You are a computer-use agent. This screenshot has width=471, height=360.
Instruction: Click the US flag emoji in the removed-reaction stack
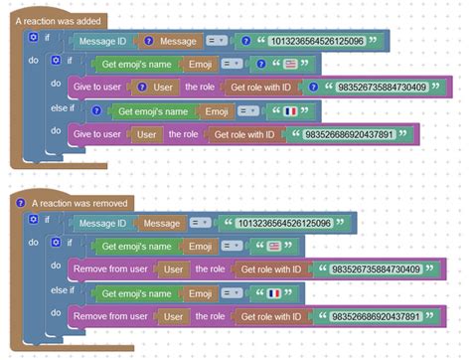tap(275, 246)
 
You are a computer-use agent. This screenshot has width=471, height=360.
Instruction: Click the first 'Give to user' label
tap(97, 88)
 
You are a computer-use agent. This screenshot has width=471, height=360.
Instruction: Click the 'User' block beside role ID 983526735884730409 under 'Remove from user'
tap(174, 269)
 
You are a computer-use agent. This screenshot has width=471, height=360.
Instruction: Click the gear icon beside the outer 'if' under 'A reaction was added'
tap(33, 37)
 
